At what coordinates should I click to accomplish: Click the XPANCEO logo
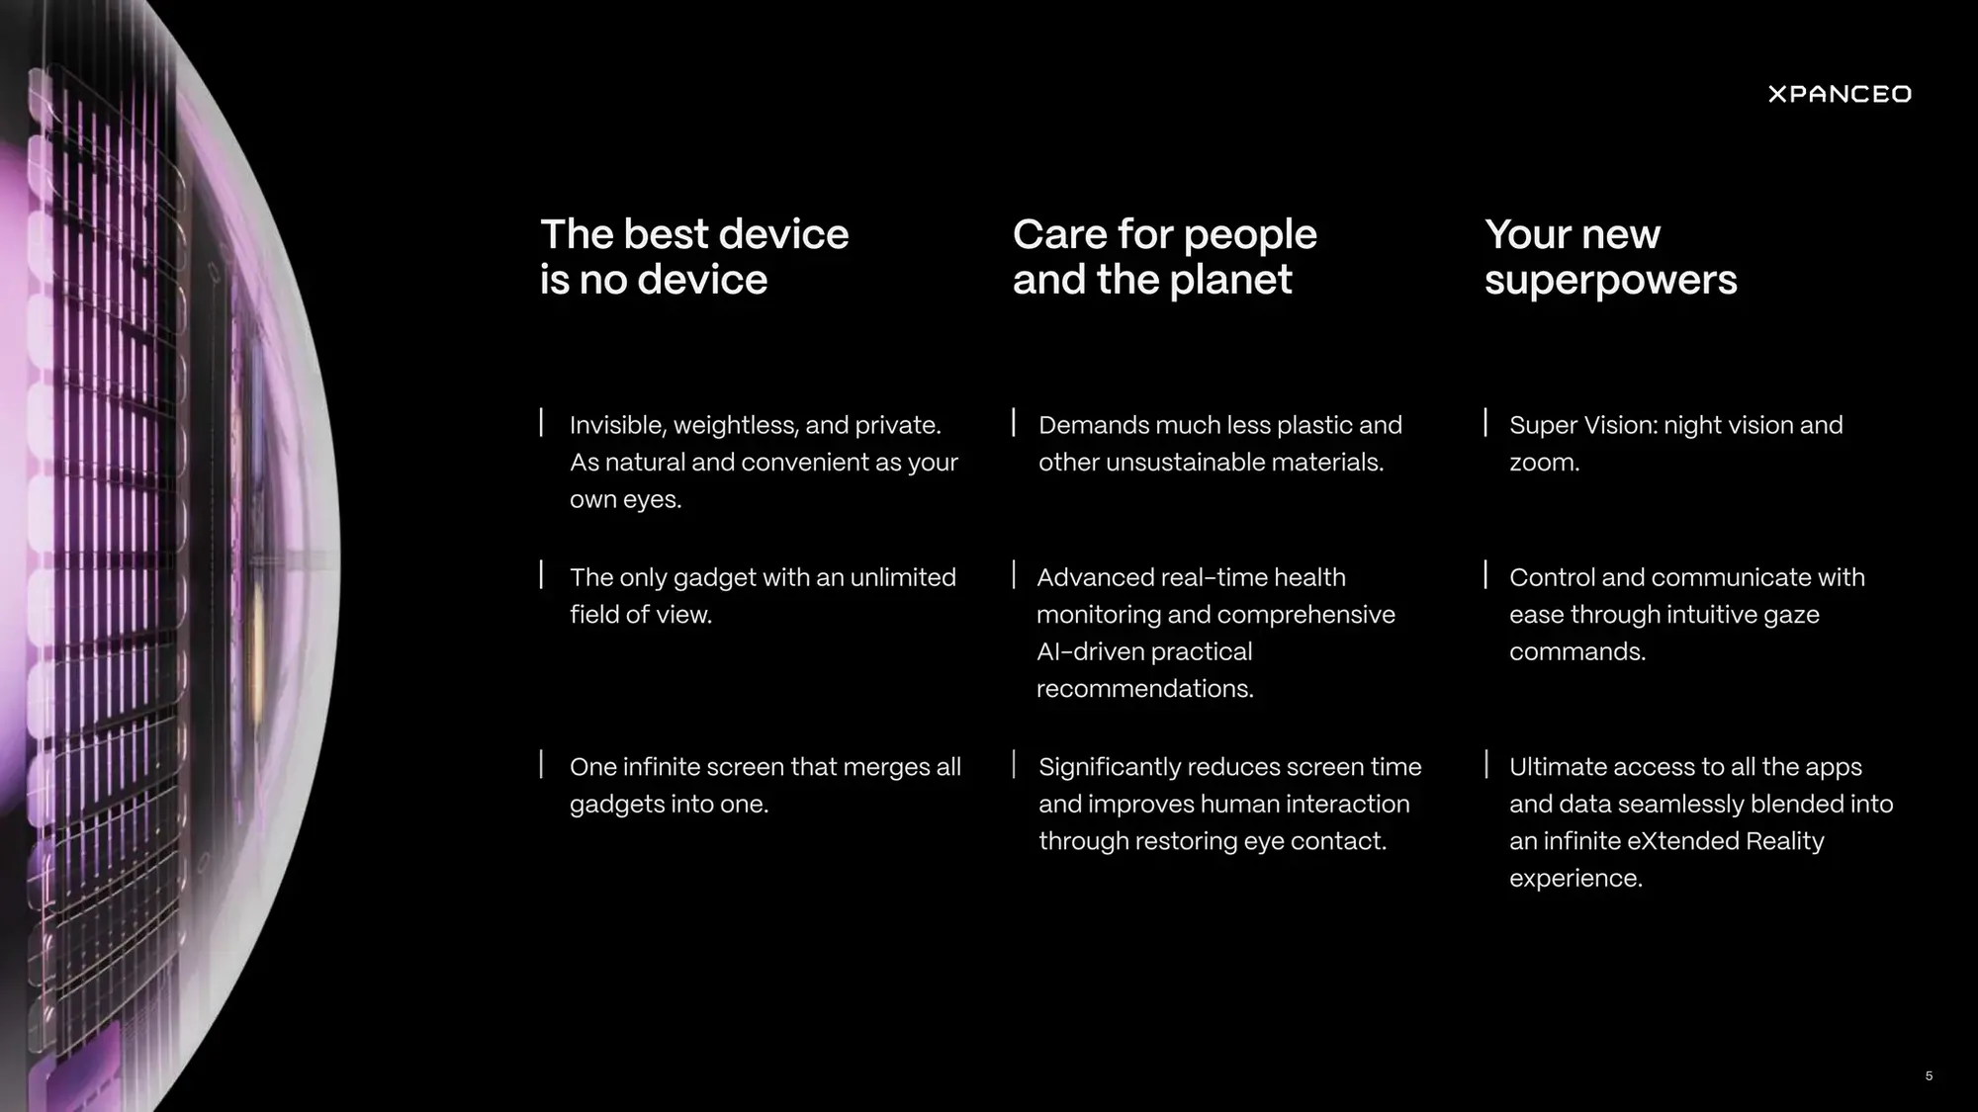point(1840,94)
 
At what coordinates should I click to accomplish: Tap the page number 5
point(1929,1075)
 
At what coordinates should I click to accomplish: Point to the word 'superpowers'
point(1610,280)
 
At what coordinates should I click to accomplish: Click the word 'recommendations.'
point(1144,689)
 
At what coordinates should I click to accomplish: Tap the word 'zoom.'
point(1544,463)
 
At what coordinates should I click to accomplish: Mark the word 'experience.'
point(1575,879)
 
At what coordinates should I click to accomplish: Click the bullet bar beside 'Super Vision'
point(1485,422)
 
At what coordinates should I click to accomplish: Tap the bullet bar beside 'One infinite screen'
point(541,764)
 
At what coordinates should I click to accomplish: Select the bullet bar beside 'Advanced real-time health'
point(1014,574)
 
